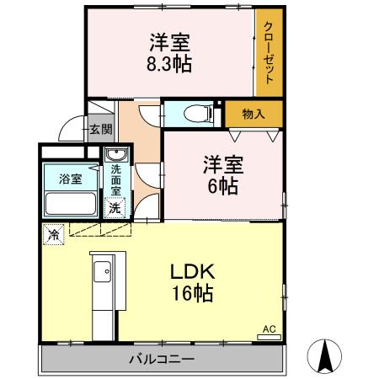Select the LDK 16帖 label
coord(195,282)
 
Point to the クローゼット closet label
coord(270,52)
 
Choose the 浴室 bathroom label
coord(70,179)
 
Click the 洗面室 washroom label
coord(115,179)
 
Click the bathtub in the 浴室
coord(69,204)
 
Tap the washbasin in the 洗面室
coord(115,155)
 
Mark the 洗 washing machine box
coord(113,207)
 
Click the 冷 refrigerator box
coord(53,235)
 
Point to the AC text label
coord(270,328)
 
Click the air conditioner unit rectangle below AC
coord(270,337)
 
